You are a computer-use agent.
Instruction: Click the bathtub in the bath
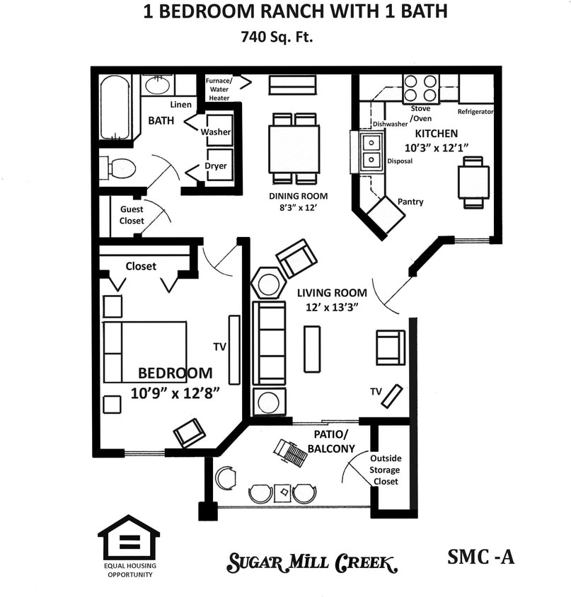115,108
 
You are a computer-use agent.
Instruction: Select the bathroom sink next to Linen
157,86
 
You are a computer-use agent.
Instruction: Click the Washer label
216,132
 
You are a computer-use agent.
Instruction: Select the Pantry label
410,202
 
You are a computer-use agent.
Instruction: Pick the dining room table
294,149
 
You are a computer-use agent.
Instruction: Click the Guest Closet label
132,215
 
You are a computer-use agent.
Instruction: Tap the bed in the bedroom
145,352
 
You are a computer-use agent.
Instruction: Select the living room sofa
270,343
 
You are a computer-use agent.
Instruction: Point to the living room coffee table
312,349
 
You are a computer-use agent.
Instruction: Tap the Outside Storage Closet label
386,470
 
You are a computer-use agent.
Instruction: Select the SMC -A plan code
481,557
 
